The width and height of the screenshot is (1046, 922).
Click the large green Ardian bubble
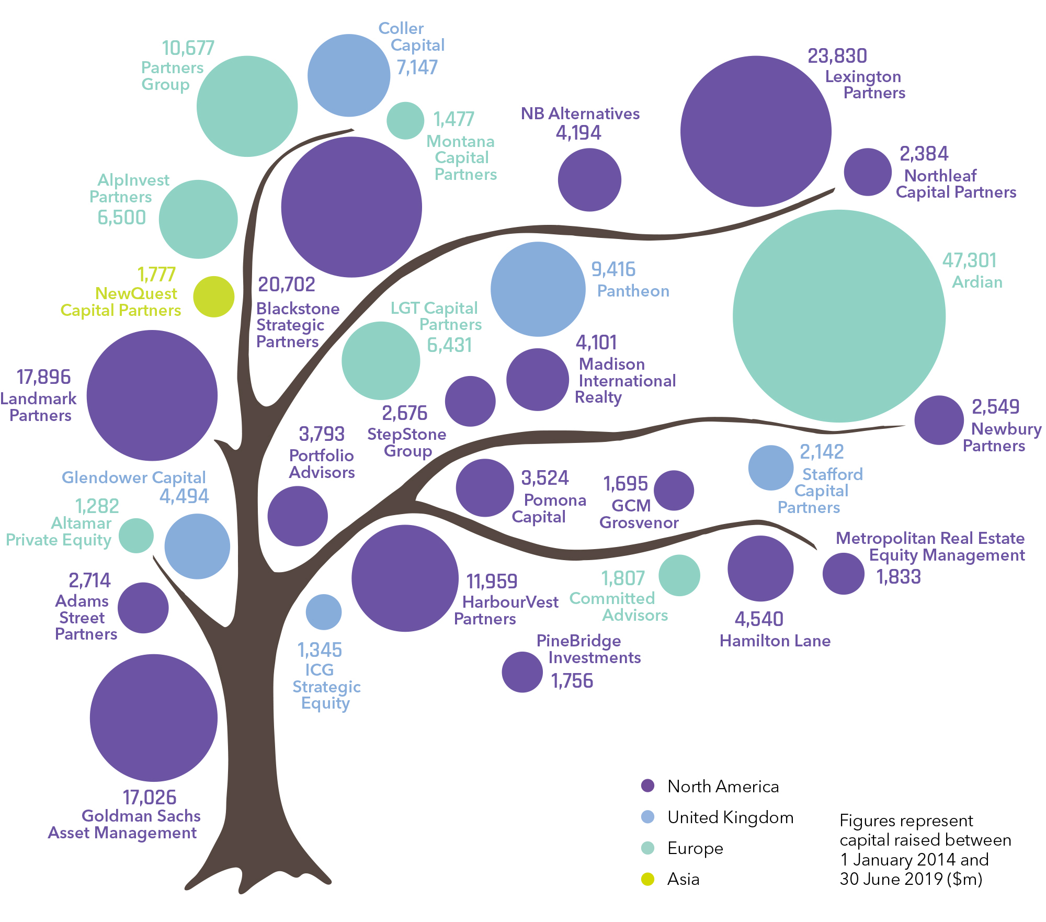pos(839,316)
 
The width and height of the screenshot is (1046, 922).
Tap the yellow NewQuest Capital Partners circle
pos(213,297)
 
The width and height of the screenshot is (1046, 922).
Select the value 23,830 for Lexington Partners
pos(837,56)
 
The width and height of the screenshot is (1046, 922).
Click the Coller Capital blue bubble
pos(349,75)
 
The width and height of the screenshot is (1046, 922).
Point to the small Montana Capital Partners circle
pos(405,120)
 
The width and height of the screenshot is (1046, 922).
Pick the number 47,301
pos(969,260)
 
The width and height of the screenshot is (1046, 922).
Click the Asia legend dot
pos(647,879)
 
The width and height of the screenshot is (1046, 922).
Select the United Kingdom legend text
pos(730,817)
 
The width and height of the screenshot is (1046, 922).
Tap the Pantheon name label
pos(633,291)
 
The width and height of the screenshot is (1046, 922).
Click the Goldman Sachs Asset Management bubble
pos(153,718)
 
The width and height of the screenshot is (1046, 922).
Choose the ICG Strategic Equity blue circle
pos(324,612)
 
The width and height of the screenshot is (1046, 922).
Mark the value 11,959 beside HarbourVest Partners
pos(492,581)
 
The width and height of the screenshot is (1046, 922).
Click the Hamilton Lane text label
pos(775,641)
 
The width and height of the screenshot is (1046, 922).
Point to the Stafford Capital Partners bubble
pos(770,468)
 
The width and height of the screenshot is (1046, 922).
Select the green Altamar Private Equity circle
pos(136,536)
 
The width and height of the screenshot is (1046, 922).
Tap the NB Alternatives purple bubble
pos(589,180)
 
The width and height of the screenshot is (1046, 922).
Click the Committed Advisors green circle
pos(679,575)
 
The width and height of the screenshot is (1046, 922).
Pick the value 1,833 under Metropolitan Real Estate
pos(899,577)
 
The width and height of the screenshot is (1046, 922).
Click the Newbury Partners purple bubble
pos(939,420)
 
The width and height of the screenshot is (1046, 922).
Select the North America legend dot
pos(647,786)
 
